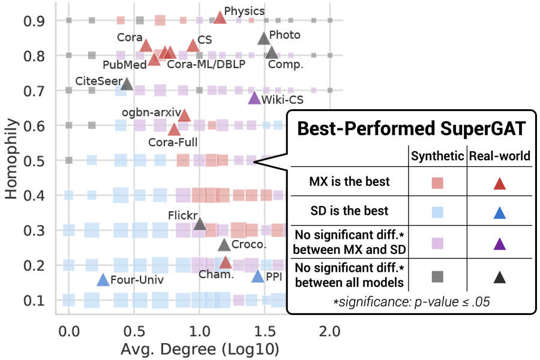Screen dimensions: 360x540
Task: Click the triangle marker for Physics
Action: click(220, 17)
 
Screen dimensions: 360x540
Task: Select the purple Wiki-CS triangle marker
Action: click(254, 98)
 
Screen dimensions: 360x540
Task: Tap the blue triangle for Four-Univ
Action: click(103, 280)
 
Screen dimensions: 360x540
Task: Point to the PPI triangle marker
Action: click(258, 277)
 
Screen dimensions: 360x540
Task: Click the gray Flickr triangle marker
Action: click(200, 224)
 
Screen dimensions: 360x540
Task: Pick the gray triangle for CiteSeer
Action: click(127, 83)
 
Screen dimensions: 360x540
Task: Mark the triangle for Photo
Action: click(263, 38)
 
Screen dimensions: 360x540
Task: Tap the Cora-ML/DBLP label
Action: click(206, 65)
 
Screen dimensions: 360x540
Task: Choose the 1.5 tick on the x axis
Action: click(265, 331)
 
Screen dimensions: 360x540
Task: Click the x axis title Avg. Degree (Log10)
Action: click(200, 349)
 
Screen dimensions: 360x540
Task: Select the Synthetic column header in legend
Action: click(437, 156)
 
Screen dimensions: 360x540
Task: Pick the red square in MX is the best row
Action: click(437, 182)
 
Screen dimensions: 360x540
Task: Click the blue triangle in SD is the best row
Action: click(500, 211)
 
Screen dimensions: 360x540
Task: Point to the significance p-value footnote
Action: click(412, 302)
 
